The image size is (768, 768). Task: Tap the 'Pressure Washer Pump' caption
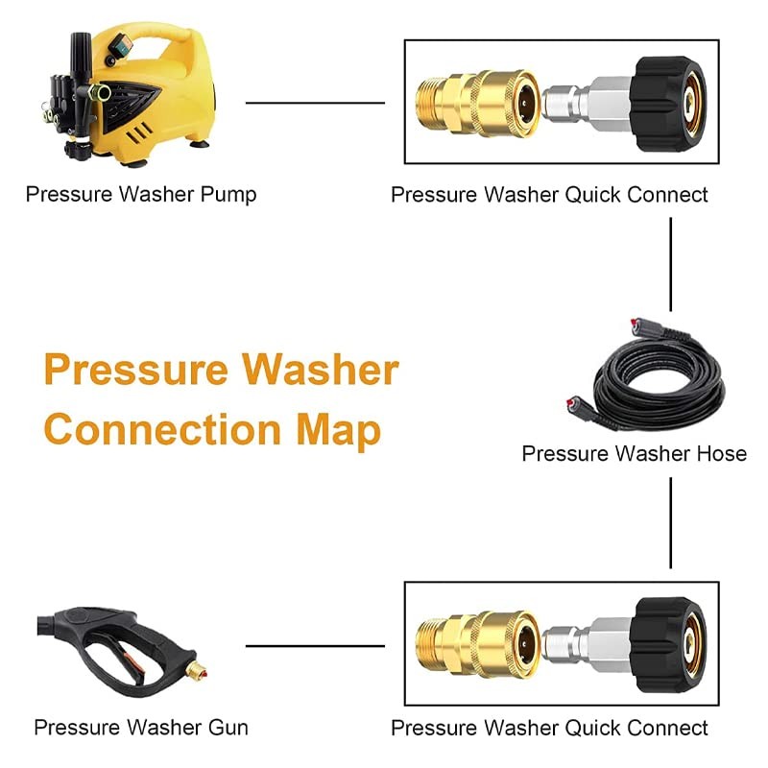click(x=141, y=195)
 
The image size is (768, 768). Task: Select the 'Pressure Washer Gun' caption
click(x=141, y=728)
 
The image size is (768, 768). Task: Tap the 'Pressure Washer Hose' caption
click(x=634, y=453)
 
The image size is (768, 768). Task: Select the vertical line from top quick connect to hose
click(x=670, y=265)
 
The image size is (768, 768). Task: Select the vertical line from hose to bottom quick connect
click(x=670, y=522)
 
